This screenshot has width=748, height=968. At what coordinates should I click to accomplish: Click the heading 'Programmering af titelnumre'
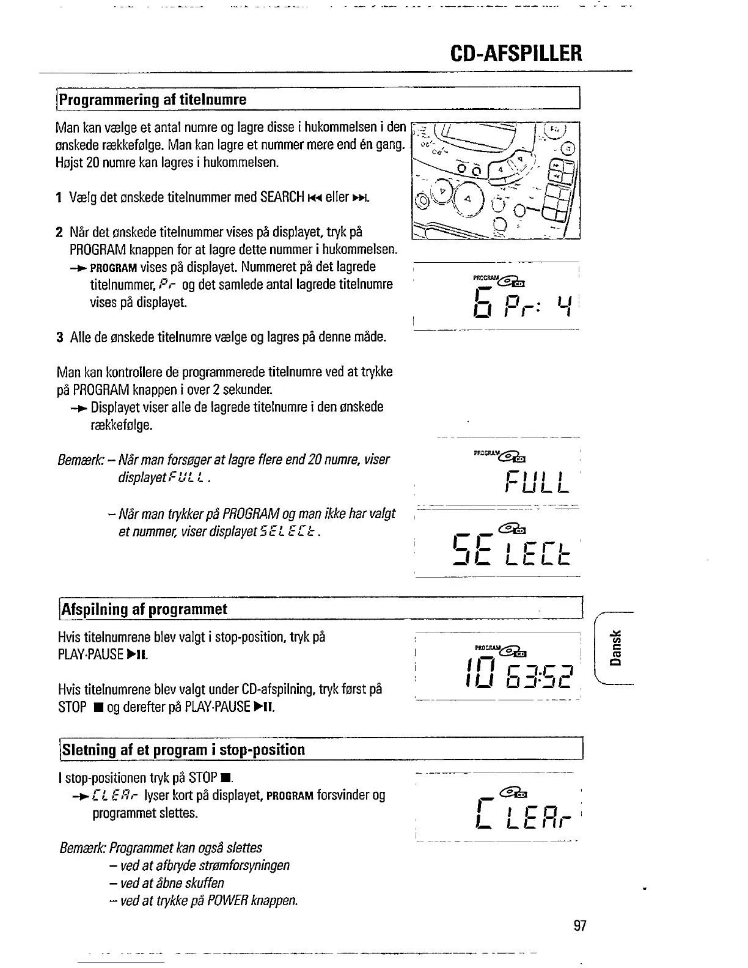(x=153, y=100)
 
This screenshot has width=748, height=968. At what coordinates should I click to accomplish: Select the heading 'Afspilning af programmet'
(x=144, y=609)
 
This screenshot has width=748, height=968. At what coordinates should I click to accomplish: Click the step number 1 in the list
(x=59, y=198)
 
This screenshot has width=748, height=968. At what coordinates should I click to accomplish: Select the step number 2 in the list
(x=59, y=233)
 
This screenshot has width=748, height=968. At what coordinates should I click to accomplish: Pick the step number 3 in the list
(x=59, y=337)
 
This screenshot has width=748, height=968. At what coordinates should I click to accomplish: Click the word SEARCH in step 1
(x=282, y=197)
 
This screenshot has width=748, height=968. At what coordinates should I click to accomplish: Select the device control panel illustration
(x=496, y=181)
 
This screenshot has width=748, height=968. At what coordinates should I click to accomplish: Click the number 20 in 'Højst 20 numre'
(x=94, y=163)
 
